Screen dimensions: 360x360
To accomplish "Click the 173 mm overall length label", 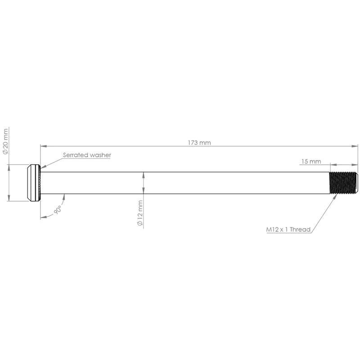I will (199, 143).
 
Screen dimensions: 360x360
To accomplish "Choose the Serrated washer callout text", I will (87, 155).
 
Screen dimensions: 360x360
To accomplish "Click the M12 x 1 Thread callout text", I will (288, 229).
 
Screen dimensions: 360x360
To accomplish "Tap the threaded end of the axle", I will (344, 183).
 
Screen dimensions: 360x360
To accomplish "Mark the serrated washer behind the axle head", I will (39, 183).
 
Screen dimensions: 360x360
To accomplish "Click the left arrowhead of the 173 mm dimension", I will (43, 146).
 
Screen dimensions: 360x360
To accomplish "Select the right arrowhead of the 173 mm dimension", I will (355, 146).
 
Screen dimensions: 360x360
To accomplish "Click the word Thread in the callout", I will (300, 229).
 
